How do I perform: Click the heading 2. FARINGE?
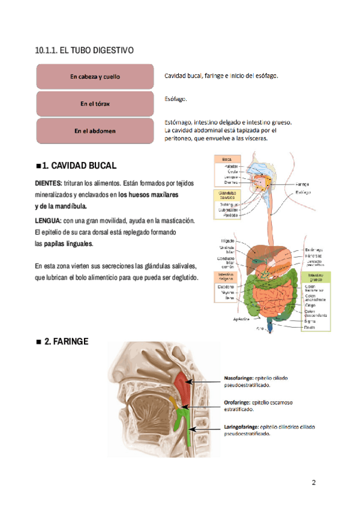click(x=66, y=342)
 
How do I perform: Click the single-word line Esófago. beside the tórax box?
click(x=176, y=98)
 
